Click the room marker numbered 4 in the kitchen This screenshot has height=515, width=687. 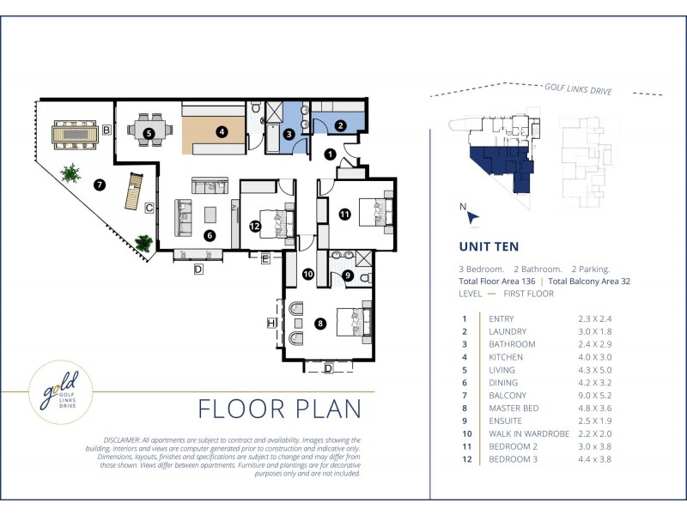[222, 131]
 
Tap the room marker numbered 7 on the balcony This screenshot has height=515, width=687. [100, 185]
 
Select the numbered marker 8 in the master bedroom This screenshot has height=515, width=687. [320, 324]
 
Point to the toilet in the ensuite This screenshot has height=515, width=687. [367, 278]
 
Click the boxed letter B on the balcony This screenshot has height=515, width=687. [106, 130]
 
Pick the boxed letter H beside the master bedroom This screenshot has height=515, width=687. [271, 324]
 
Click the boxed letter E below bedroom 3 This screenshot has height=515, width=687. [265, 259]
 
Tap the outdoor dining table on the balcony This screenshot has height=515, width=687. [75, 135]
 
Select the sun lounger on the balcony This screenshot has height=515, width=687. [134, 191]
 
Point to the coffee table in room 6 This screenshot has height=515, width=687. [210, 215]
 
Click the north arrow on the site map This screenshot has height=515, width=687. [473, 217]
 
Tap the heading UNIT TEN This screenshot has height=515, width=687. [489, 246]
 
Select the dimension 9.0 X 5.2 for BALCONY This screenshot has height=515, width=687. [594, 396]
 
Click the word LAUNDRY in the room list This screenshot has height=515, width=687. [508, 331]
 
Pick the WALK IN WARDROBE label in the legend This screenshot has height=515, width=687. [529, 433]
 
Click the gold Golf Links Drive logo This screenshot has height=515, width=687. [61, 392]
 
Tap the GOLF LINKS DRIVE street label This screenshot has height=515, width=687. [578, 89]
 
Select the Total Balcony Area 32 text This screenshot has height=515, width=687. [589, 282]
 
